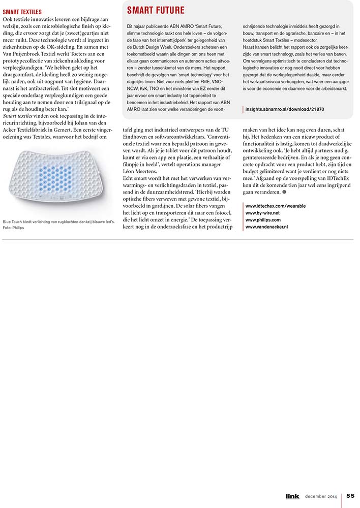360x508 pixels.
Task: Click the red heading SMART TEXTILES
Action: pos(22,11)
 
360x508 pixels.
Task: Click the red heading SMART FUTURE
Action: pos(156,11)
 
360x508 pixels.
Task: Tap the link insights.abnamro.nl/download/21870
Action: pos(285,109)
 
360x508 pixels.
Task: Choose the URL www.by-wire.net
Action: pos(262,213)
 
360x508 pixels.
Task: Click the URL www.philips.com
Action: pos(263,220)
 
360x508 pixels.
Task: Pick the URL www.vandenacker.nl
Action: pos(266,227)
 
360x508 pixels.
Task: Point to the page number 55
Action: pos(351,496)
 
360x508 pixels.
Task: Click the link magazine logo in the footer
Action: pos(292,496)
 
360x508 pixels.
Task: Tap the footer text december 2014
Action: pos(322,496)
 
